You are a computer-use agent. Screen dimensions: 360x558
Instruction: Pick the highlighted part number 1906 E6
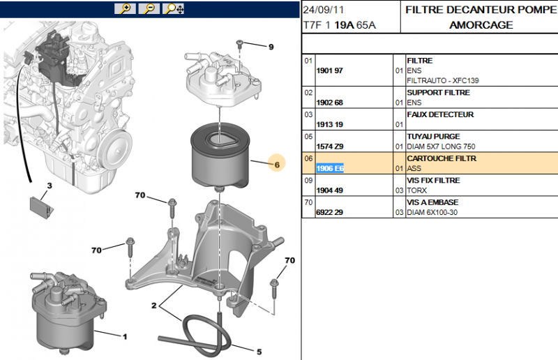pos(330,169)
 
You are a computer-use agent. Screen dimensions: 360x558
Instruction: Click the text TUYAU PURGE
pos(432,137)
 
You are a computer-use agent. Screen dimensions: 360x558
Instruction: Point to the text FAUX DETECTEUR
pos(439,114)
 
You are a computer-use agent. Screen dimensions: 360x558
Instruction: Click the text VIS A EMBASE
pos(432,202)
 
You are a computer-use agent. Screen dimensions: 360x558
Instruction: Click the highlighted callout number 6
pos(276,165)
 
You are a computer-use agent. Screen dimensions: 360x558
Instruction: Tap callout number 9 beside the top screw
pos(271,47)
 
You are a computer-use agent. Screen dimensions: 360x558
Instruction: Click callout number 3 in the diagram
pos(49,186)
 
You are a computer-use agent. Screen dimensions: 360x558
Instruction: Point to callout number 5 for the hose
pos(258,352)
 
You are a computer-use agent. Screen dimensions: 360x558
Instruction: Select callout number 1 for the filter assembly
pos(125,337)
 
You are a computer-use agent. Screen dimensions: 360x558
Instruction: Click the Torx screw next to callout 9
pos(239,44)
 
